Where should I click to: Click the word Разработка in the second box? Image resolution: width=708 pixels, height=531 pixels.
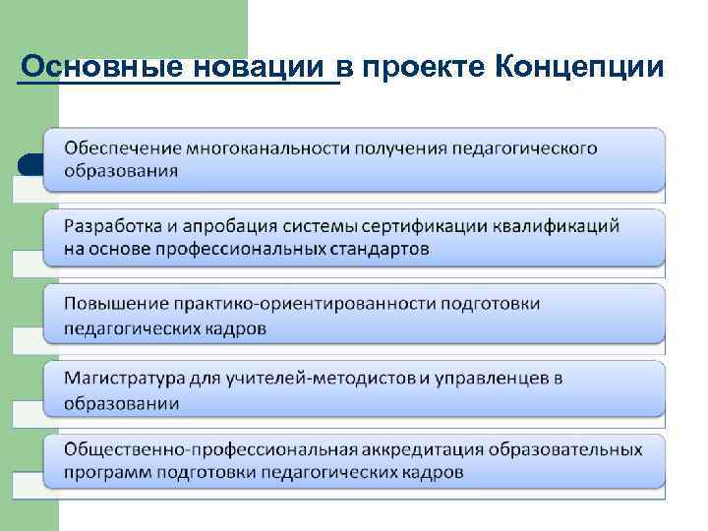coord(112,226)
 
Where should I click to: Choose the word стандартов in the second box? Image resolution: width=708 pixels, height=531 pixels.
coord(381,248)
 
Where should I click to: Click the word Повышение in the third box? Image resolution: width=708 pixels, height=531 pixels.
coord(112,304)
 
